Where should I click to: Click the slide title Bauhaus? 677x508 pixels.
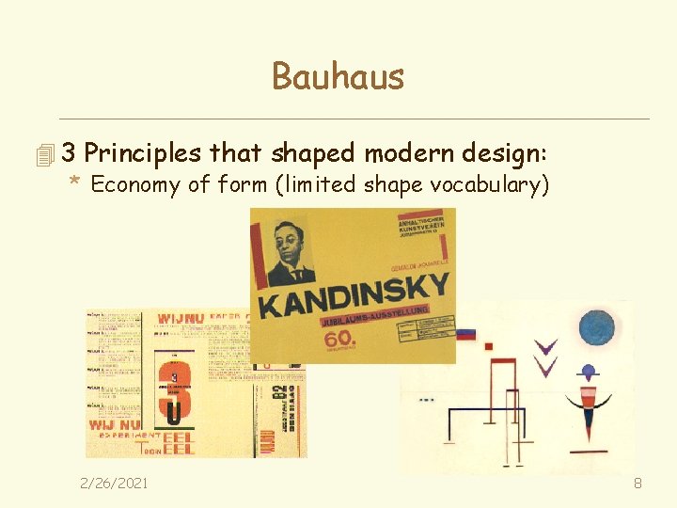[338, 76]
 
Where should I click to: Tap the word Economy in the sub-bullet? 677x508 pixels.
[135, 184]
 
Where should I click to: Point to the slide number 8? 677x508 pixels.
[638, 483]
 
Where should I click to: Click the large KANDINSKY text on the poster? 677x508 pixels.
[353, 295]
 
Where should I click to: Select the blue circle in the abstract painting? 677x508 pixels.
[595, 327]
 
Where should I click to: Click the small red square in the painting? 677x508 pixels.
[488, 346]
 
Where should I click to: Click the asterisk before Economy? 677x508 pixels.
[75, 183]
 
